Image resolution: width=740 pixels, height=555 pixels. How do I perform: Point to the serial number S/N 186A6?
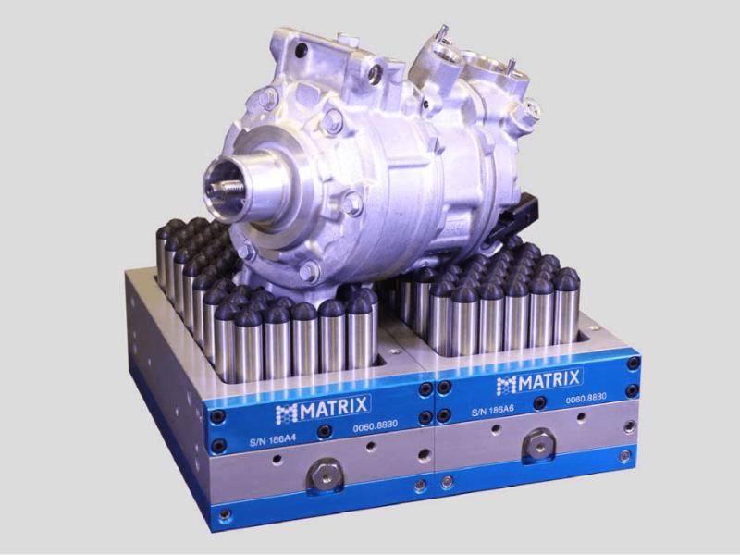coord(494,410)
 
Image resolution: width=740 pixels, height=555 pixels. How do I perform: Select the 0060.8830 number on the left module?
coord(376,426)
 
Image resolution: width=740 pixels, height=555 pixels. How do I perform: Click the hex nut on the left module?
coord(322,474)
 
